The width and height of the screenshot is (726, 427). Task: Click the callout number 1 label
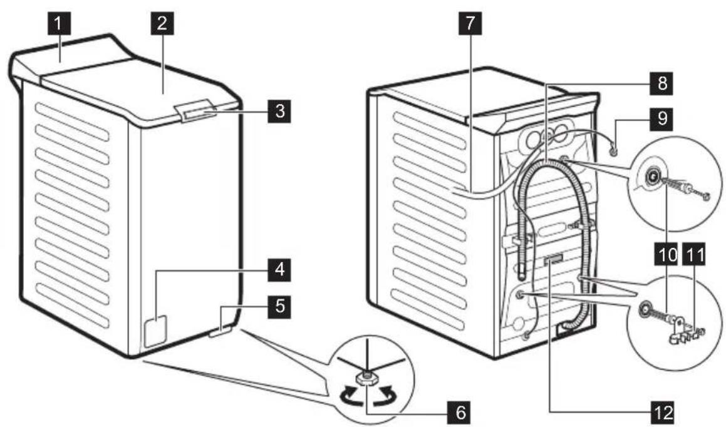(58, 26)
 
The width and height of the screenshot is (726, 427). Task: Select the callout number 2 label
(162, 26)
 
